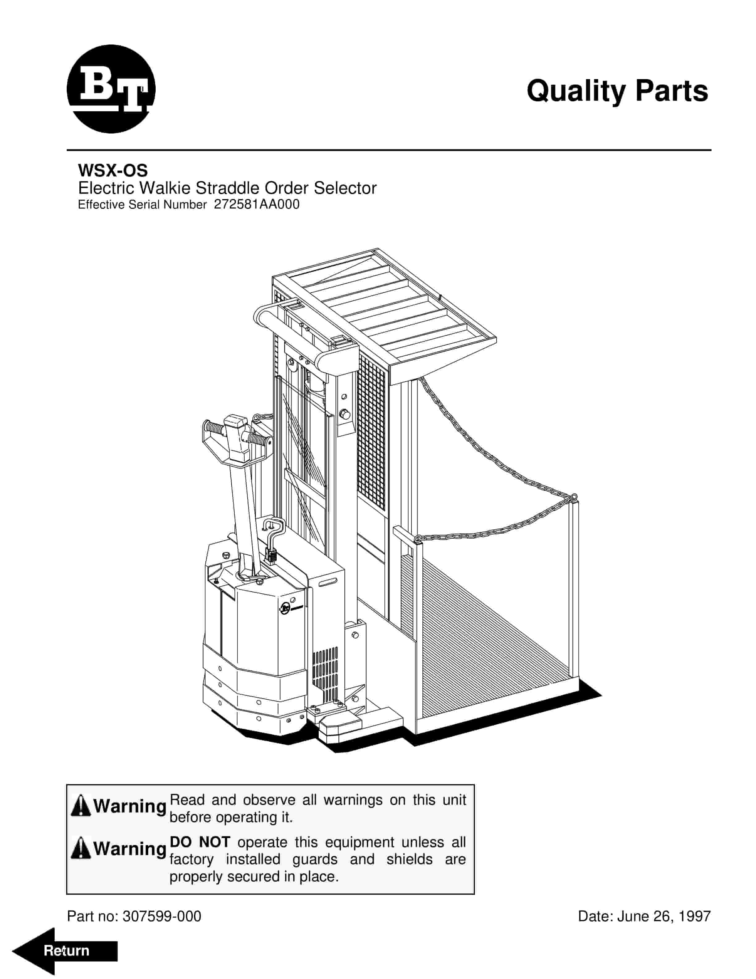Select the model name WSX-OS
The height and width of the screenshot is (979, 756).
[112, 170]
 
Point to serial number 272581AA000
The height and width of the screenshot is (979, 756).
[257, 204]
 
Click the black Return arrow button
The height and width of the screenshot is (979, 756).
[65, 951]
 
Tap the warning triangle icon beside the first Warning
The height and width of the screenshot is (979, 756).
[81, 806]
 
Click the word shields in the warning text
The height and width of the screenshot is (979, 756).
[409, 859]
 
